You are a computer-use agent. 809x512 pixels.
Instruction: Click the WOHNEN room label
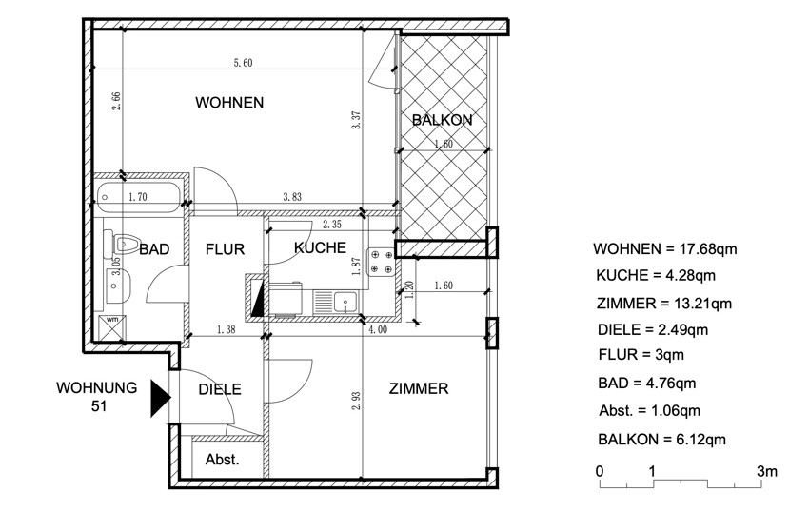click(x=229, y=102)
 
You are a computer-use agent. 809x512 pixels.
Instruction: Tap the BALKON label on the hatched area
click(x=443, y=120)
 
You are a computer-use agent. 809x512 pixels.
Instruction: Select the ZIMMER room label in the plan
click(x=419, y=388)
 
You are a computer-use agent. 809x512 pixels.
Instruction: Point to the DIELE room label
click(x=220, y=389)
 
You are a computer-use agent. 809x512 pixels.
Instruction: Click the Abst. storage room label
click(x=223, y=460)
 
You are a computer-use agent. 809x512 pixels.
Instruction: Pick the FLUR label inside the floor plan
click(x=225, y=249)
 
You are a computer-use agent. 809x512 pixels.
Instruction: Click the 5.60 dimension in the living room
click(x=243, y=63)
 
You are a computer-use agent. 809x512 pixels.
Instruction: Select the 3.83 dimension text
click(x=292, y=197)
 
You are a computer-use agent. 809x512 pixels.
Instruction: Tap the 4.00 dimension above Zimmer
click(x=378, y=329)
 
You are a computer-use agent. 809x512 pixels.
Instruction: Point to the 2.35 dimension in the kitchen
click(x=332, y=225)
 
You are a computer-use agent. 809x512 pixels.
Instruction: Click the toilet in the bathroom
click(x=121, y=243)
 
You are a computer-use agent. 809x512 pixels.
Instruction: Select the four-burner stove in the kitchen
click(x=380, y=261)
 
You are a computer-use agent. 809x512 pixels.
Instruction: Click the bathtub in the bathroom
click(x=138, y=197)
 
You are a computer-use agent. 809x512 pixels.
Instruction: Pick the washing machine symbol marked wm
click(x=112, y=326)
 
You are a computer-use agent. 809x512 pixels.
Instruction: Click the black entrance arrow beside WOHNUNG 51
click(x=161, y=398)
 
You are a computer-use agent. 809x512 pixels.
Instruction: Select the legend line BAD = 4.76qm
click(x=647, y=384)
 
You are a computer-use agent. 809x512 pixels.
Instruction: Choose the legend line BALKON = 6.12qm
click(x=662, y=440)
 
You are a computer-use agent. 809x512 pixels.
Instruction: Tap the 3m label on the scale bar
click(x=767, y=471)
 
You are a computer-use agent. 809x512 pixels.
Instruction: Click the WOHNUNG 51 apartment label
click(x=97, y=397)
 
